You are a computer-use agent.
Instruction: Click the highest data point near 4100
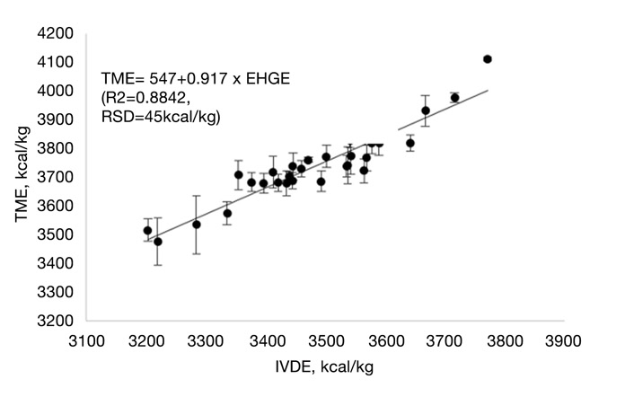pyautogui.click(x=488, y=59)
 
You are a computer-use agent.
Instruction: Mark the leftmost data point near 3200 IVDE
pyautogui.click(x=147, y=231)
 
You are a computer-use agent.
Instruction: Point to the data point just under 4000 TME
pyautogui.click(x=454, y=98)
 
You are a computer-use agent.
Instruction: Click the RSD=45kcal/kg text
pyautogui.click(x=162, y=117)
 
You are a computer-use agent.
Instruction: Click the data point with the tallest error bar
pyautogui.click(x=197, y=225)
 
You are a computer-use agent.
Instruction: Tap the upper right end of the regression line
pyautogui.click(x=488, y=90)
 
